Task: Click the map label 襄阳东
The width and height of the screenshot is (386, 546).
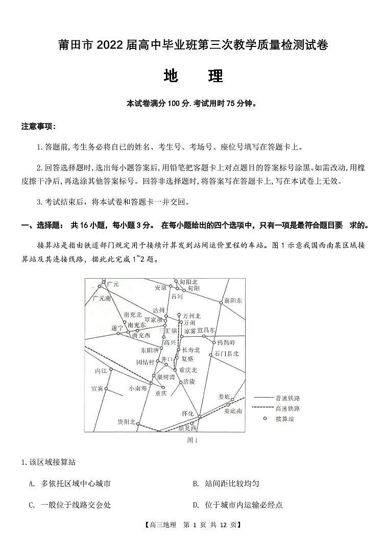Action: point(233,301)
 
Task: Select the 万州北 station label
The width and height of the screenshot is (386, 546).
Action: point(192,315)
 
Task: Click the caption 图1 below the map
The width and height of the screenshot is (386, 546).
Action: point(192,439)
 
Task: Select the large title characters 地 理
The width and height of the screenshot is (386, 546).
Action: point(193,76)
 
